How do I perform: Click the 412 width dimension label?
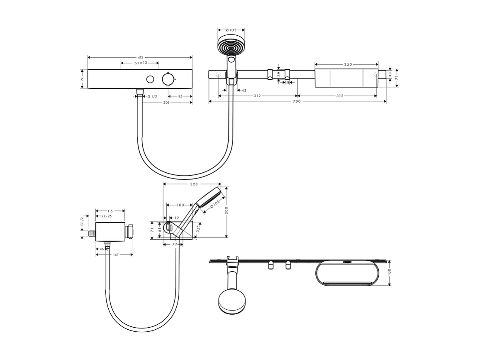[x=140, y=57]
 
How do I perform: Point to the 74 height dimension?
[x=83, y=79]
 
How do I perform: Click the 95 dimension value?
[x=180, y=96]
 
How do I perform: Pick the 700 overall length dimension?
[x=296, y=101]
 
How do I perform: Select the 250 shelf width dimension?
[x=347, y=64]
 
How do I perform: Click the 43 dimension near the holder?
[x=244, y=90]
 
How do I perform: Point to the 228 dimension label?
[x=193, y=184]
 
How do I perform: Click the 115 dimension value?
[x=110, y=211]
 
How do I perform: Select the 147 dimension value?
[x=116, y=255]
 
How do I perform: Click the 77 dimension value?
[x=175, y=245]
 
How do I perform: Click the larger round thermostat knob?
[x=168, y=79]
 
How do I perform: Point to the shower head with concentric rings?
[x=231, y=47]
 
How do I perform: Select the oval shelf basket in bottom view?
[x=348, y=274]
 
